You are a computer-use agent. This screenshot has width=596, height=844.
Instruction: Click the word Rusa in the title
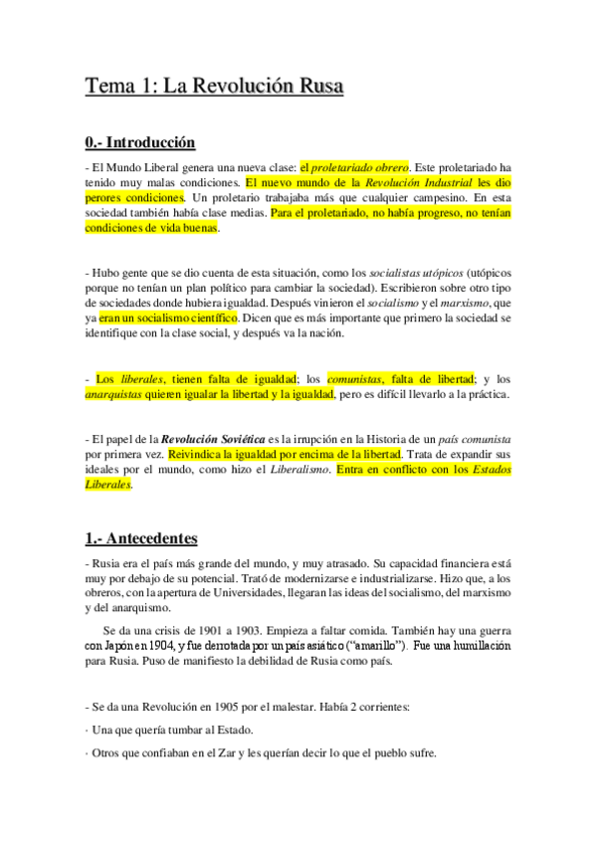[x=314, y=88]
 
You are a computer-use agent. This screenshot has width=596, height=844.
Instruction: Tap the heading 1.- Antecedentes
[x=140, y=538]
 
